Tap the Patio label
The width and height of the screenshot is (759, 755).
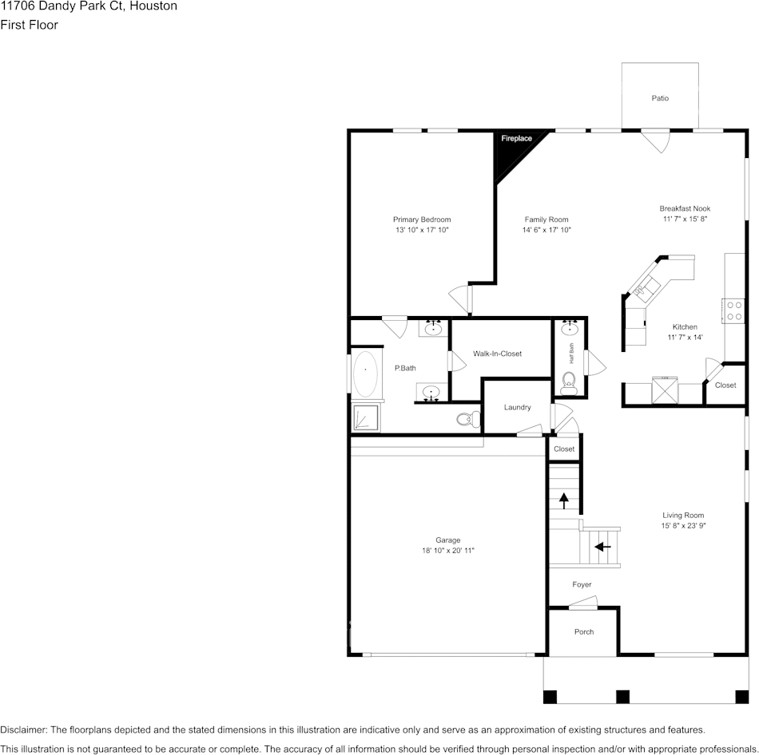coord(660,98)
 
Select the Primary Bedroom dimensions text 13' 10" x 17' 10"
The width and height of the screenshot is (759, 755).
coord(422,231)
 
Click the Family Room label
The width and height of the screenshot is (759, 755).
coord(546,219)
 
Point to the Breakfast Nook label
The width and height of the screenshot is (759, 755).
coord(685,208)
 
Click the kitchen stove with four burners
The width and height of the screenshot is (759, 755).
coord(733,310)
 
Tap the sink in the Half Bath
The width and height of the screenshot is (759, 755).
coord(570,328)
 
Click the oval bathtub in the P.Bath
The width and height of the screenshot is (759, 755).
coord(366,374)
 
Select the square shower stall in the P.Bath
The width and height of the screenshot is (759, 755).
coord(366,417)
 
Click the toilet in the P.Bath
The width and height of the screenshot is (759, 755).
coord(467,418)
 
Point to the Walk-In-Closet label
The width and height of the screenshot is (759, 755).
coord(497,354)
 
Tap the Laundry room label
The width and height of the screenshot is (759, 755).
coord(517,407)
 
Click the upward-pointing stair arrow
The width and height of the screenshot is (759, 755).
coord(564,500)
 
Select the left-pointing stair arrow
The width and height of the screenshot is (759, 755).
coord(602,547)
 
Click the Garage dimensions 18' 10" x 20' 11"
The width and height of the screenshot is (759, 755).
coord(447,551)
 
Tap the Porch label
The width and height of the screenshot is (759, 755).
coord(584,632)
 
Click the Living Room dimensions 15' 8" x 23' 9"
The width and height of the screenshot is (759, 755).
coord(683,526)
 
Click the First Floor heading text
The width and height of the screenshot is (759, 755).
coord(29,25)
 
